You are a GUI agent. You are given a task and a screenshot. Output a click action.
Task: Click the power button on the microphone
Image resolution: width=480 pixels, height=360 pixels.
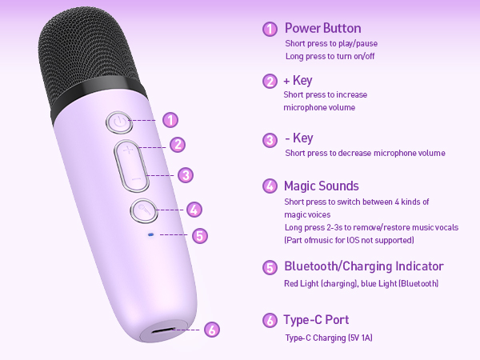coord(118,122)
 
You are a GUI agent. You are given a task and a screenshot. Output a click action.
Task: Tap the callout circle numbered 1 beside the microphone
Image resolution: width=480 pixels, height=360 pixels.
coord(170,120)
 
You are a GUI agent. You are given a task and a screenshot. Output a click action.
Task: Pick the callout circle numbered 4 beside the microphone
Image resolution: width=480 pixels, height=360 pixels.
coord(194,209)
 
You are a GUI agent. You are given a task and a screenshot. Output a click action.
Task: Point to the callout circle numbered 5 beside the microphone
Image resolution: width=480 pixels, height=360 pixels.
coord(201,235)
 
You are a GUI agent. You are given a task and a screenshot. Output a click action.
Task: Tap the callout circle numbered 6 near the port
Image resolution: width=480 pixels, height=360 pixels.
coord(211,329)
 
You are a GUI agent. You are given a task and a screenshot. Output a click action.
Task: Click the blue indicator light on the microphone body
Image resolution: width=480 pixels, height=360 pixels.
coord(150,234)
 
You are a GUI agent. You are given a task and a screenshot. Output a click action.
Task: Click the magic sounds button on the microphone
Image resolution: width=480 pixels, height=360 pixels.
coord(142,210)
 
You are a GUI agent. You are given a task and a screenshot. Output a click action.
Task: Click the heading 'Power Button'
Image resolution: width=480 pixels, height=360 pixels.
coord(322,28)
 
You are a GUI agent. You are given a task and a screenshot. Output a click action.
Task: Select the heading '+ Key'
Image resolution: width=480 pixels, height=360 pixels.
coord(298,80)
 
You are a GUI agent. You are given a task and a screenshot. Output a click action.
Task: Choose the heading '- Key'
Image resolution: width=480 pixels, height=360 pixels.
coord(299,138)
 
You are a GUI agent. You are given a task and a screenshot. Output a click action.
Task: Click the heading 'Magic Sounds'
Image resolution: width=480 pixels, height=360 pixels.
coord(322,186)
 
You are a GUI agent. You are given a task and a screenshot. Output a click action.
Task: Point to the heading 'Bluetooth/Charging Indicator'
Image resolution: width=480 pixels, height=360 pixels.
coord(364,266)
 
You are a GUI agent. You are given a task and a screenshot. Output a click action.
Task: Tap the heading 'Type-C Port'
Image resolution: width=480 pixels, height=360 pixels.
coord(316,321)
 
